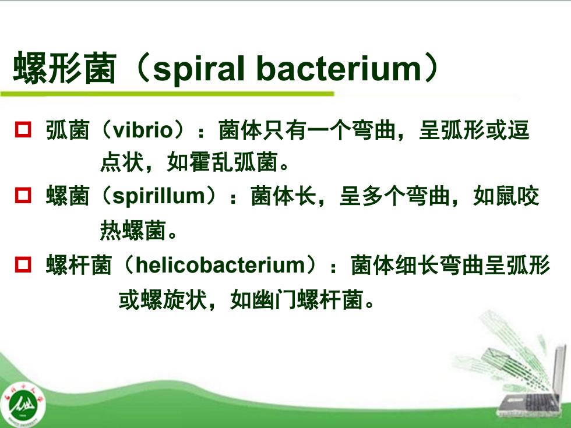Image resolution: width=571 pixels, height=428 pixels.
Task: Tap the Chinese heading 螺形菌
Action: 65,68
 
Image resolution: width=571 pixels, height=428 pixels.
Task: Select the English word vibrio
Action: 142,130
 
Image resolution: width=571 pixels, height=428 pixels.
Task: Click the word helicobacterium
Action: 220,264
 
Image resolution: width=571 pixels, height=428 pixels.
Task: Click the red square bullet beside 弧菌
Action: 23,129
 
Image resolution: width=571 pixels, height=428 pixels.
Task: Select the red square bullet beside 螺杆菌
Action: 23,264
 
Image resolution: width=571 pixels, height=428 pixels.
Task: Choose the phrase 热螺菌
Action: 133,230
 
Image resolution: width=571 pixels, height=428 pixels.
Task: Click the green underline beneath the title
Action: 167,94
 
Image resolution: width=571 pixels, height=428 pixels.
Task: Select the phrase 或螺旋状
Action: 163,300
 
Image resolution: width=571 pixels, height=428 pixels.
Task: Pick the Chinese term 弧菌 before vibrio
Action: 68,130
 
